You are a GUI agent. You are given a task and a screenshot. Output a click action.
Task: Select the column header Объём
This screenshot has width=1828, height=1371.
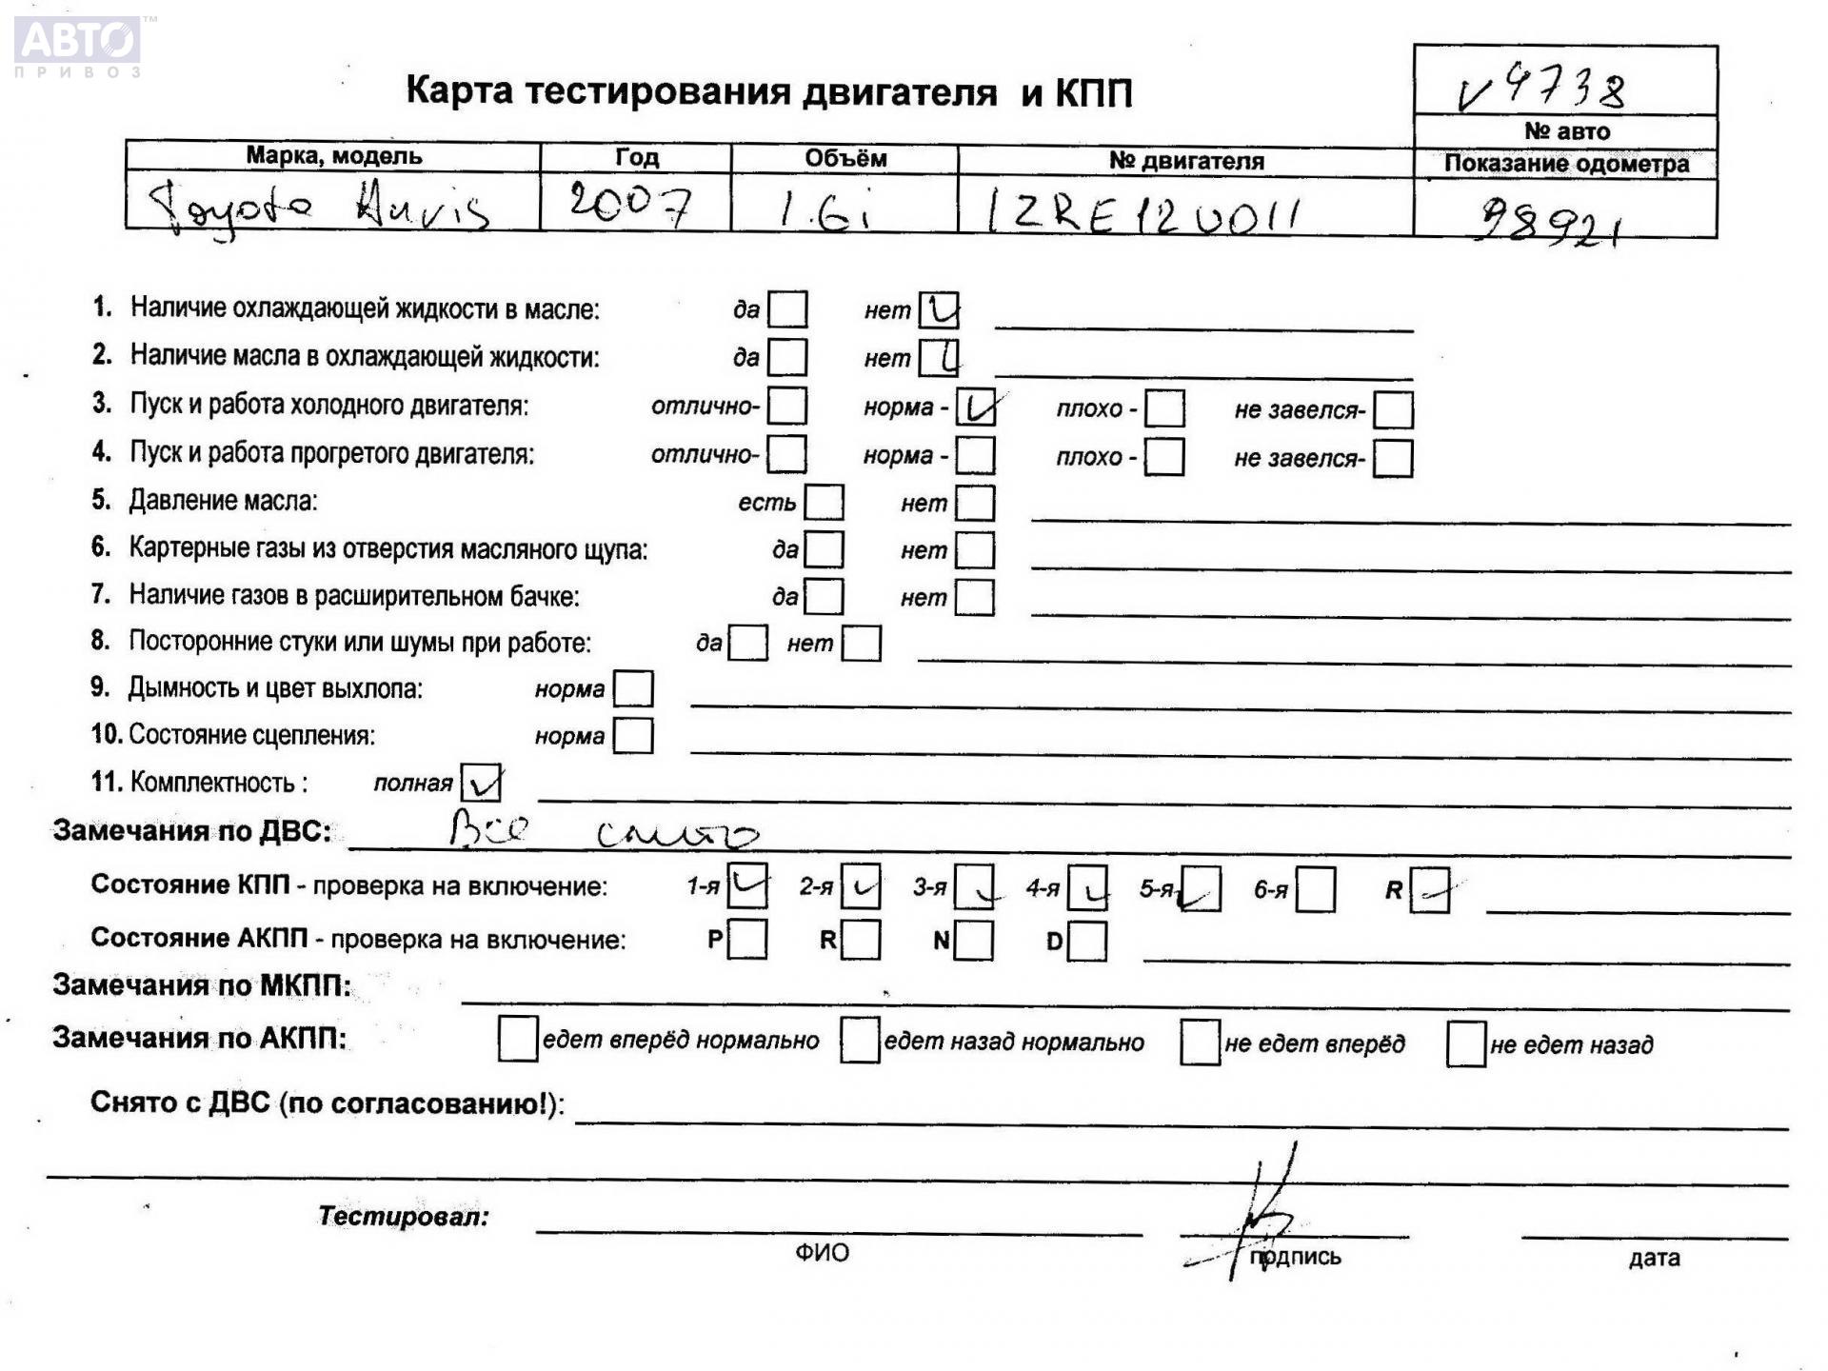click(844, 158)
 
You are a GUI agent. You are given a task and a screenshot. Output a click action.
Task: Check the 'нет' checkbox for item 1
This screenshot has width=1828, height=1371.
click(939, 310)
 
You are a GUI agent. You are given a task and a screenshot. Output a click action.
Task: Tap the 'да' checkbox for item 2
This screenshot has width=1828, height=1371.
click(787, 358)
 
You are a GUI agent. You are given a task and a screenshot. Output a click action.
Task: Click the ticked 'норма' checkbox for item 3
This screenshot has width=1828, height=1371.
click(976, 407)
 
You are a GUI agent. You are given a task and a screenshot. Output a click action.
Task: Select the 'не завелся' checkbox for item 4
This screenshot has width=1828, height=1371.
click(1393, 458)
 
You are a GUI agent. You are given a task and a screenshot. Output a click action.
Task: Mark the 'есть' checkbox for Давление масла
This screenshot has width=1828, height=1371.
click(824, 503)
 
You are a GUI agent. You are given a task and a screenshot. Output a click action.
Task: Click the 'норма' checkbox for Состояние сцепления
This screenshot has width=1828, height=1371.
click(633, 736)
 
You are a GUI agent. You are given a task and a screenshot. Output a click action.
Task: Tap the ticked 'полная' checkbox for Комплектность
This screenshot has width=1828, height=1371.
click(480, 783)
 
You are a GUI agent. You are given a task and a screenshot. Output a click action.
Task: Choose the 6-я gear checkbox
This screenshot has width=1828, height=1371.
click(1316, 890)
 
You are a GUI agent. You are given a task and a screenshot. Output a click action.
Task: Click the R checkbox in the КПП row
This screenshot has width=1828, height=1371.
click(1429, 890)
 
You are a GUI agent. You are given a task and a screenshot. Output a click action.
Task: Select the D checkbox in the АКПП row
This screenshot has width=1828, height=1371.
click(1087, 942)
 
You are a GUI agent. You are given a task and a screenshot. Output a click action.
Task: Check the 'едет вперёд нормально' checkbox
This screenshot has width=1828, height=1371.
click(518, 1039)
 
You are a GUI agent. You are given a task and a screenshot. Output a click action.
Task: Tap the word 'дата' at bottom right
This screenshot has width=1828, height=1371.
click(1654, 1258)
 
